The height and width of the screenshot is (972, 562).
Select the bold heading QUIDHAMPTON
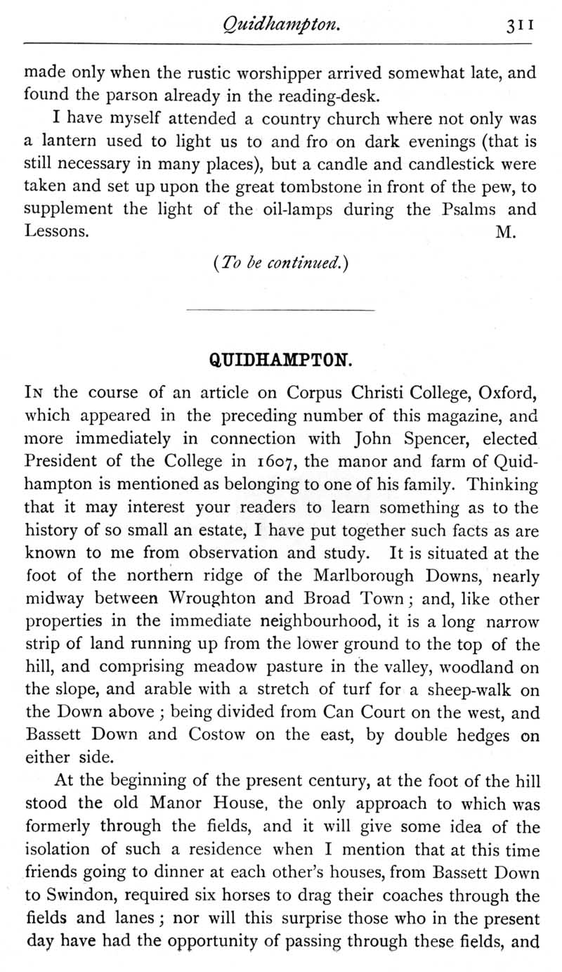tap(280, 361)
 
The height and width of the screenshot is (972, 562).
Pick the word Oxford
tap(505, 391)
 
